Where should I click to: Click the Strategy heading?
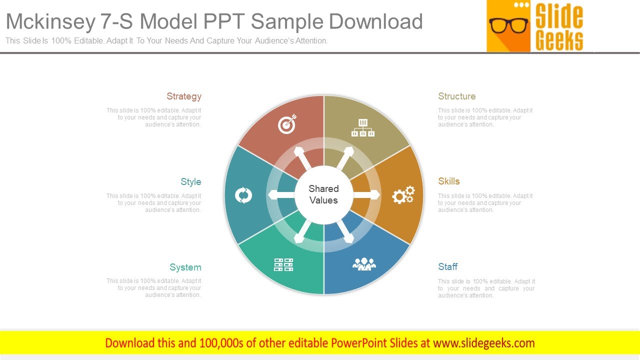click(184, 96)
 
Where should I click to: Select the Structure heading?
click(456, 96)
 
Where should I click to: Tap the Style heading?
click(191, 182)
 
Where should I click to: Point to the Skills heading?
click(448, 181)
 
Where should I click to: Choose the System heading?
click(185, 267)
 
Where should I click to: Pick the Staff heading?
click(447, 267)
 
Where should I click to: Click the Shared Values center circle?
click(323, 194)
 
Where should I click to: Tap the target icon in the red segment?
click(286, 124)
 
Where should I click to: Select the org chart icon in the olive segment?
click(362, 128)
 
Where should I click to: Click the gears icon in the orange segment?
click(403, 195)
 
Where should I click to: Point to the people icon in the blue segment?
click(364, 263)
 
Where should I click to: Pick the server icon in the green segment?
click(283, 264)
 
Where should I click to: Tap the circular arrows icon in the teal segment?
click(243, 195)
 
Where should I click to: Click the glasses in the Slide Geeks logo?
click(508, 25)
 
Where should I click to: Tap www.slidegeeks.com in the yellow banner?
click(483, 343)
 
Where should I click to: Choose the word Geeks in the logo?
click(559, 40)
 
